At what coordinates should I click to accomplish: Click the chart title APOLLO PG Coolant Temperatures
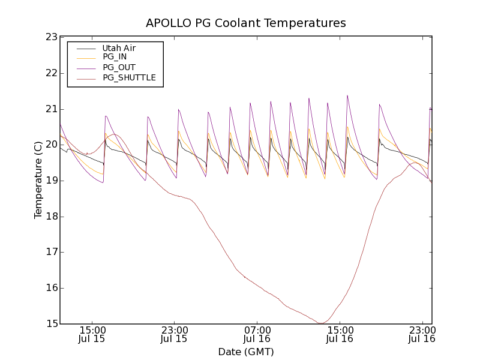[246, 23]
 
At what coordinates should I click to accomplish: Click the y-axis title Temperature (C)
[38, 180]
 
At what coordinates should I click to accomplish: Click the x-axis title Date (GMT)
[246, 352]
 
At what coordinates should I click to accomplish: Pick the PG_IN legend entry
[115, 57]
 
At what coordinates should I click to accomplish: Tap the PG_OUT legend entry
[119, 67]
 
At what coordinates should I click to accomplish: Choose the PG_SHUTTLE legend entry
[129, 77]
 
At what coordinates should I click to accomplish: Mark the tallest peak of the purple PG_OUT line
[347, 95]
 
